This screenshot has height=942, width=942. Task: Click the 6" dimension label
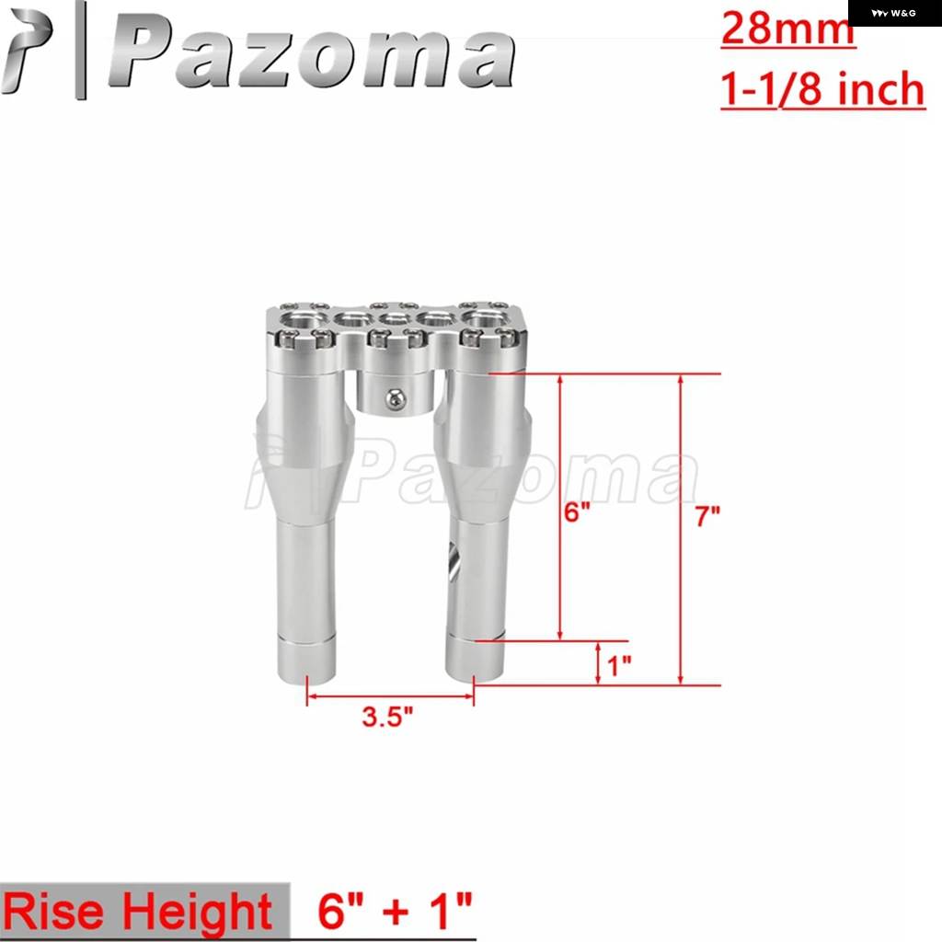[578, 511]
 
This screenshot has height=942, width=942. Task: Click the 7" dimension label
[707, 516]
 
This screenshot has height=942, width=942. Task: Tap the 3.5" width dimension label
[387, 716]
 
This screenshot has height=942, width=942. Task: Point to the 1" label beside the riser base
[619, 665]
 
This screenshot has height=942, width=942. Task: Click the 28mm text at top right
[787, 29]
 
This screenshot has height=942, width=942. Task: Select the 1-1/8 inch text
[822, 89]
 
